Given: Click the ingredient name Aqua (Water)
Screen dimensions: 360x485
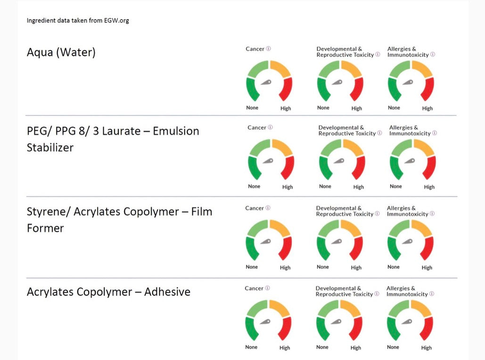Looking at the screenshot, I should [61, 52].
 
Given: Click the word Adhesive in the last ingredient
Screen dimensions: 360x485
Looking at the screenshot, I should [167, 292].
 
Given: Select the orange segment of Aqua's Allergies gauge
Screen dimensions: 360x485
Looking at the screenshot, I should [422, 68].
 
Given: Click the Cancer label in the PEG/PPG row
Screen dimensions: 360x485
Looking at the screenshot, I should [257, 128].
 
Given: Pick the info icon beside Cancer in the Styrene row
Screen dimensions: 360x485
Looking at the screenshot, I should [268, 208].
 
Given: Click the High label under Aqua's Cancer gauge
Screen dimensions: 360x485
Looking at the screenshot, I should [286, 108].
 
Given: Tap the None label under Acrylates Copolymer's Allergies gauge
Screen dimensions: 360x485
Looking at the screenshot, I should [393, 347].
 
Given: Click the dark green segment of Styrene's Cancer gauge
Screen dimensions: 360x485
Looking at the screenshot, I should [251, 248].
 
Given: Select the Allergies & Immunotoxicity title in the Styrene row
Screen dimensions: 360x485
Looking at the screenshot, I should [408, 211].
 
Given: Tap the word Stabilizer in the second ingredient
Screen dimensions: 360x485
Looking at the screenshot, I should [50, 147].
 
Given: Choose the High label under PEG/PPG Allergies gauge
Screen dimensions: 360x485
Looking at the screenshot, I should [429, 187].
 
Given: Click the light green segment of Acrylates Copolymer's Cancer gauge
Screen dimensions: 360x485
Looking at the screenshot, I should [256, 309].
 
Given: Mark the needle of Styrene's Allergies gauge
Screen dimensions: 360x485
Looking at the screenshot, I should [408, 242].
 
